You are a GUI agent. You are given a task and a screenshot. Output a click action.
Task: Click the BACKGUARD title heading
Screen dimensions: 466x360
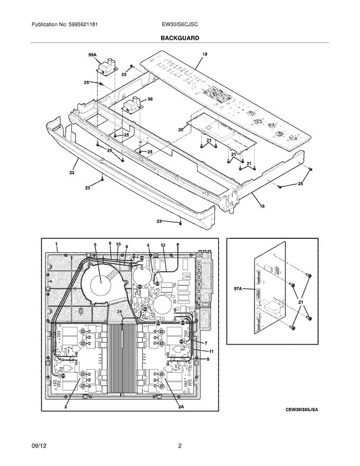pyautogui.click(x=180, y=39)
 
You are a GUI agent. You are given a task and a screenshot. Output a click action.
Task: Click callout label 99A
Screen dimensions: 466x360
pyautogui.click(x=92, y=55)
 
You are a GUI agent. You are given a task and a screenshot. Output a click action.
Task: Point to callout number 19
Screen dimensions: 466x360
pyautogui.click(x=205, y=55)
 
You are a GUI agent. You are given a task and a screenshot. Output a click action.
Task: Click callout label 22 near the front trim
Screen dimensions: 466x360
pyautogui.click(x=71, y=173)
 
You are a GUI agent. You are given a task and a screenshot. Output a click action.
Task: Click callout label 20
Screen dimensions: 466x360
pyautogui.click(x=181, y=130)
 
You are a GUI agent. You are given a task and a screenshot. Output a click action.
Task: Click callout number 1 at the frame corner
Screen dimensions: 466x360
pyautogui.click(x=56, y=245)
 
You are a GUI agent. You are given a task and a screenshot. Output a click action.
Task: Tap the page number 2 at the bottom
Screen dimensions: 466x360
pyautogui.click(x=180, y=446)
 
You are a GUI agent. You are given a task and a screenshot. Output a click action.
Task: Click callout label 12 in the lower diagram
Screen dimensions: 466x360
pyautogui.click(x=164, y=245)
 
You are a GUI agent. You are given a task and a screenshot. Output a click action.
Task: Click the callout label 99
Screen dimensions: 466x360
pyautogui.click(x=150, y=99)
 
